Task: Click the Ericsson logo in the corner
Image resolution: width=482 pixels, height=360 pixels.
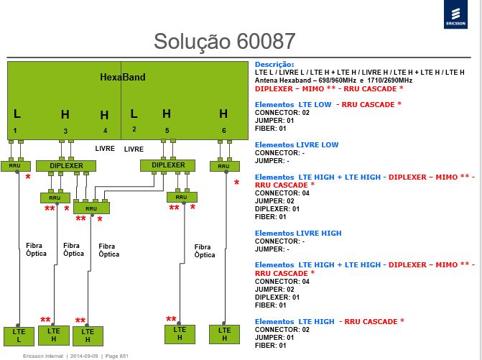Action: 455,14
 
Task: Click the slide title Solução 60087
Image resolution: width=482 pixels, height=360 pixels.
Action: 224,41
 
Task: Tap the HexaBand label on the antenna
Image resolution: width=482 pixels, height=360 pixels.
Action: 123,77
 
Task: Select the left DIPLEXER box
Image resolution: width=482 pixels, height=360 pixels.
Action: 66,166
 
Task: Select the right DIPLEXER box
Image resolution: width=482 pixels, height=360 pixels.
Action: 167,165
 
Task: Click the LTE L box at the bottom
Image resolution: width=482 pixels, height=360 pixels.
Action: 19,336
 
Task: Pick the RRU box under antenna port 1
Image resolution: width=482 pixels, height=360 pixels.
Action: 16,166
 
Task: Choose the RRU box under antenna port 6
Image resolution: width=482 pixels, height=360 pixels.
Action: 225,166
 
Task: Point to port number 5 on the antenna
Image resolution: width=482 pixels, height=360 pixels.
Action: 167,131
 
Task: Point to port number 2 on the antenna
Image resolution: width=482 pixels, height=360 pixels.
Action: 134,129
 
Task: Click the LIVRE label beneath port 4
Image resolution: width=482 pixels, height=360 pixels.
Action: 105,149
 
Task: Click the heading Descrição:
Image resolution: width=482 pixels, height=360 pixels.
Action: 274,64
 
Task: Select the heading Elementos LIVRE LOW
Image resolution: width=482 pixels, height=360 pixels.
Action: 297,145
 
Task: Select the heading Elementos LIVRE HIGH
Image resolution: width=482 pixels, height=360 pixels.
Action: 298,234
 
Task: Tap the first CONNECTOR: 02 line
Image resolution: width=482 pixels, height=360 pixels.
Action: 282,113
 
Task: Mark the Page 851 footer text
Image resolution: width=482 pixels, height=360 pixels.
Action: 117,356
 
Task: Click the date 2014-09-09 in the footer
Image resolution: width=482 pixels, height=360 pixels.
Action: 84,356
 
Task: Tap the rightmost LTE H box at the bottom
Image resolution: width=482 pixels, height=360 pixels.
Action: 224,334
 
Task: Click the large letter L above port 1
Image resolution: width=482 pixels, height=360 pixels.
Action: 17,114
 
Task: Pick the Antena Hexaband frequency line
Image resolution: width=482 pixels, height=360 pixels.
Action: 333,80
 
